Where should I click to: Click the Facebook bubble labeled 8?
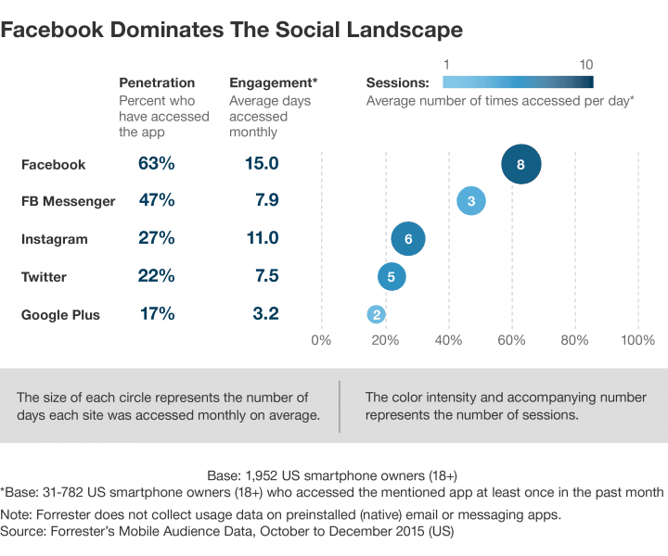[x=520, y=164]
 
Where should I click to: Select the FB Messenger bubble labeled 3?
[x=471, y=201]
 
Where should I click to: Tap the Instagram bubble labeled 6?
[x=408, y=239]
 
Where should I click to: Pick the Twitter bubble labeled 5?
[x=392, y=276]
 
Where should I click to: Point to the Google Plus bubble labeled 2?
[x=376, y=314]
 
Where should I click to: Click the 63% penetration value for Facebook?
[x=156, y=164]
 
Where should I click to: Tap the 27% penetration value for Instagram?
[x=156, y=239]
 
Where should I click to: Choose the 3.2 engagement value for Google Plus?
[x=265, y=314]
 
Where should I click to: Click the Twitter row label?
[x=44, y=276]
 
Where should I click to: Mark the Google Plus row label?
[x=60, y=314]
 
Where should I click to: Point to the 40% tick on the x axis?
[x=448, y=340]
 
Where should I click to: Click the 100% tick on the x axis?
[x=637, y=340]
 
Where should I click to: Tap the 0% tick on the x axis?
[x=321, y=340]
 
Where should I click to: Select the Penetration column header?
[x=157, y=82]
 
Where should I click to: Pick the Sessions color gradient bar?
[x=519, y=82]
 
